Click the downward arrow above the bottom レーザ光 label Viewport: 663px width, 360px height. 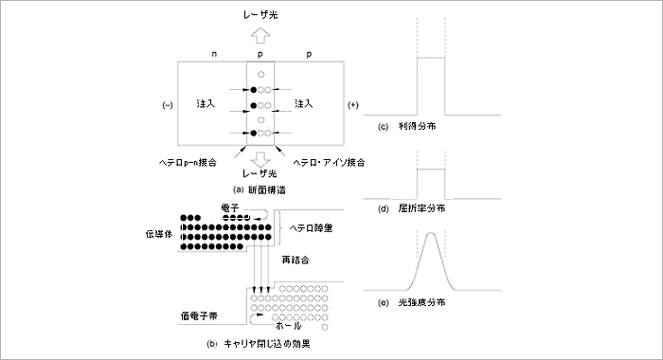259,159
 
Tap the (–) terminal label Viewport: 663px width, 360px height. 167,104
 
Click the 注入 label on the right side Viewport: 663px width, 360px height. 304,102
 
